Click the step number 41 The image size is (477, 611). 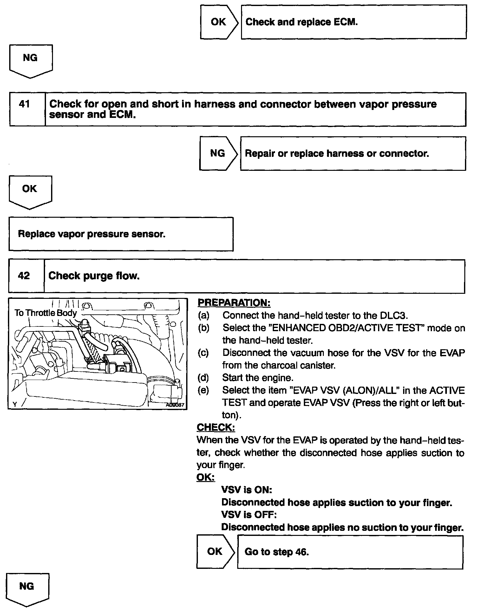pyautogui.click(x=24, y=104)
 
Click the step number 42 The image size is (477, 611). pyautogui.click(x=24, y=276)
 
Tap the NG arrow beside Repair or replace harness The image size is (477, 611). pyautogui.click(x=218, y=153)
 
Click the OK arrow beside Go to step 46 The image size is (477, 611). pyautogui.click(x=215, y=551)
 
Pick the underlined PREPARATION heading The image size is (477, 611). pyautogui.click(x=234, y=303)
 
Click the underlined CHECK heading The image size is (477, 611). pyautogui.click(x=216, y=428)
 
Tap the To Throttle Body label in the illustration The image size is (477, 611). pyautogui.click(x=46, y=313)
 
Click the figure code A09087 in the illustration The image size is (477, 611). pyautogui.click(x=175, y=405)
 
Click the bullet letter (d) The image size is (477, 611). pyautogui.click(x=203, y=378)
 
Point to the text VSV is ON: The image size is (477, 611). pyautogui.click(x=246, y=490)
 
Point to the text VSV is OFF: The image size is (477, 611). pyautogui.click(x=249, y=515)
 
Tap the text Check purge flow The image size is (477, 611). pyautogui.click(x=94, y=276)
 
